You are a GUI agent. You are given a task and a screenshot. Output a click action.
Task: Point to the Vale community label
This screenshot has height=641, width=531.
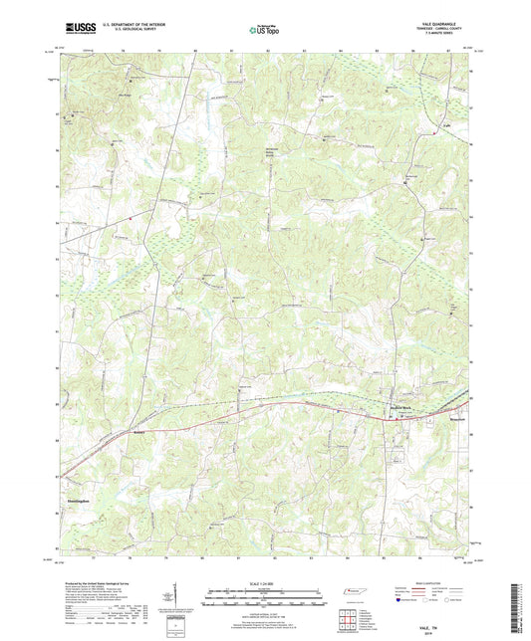tap(447, 125)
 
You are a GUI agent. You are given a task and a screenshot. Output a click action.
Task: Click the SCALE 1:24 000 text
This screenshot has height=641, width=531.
tap(265, 582)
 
